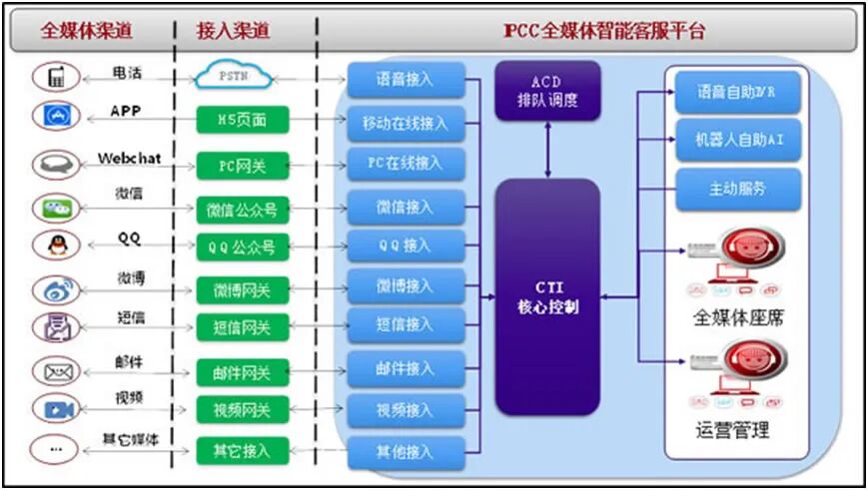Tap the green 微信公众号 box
pyautogui.click(x=242, y=209)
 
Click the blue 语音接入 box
pyautogui.click(x=406, y=77)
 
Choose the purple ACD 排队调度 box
pyautogui.click(x=547, y=91)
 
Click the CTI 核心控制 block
pyautogui.click(x=547, y=296)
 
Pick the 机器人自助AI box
pyautogui.click(x=738, y=140)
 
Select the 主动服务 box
pyautogui.click(x=738, y=189)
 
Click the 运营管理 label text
pyautogui.click(x=733, y=431)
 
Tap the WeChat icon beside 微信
pyautogui.click(x=54, y=208)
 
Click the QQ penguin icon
pyautogui.click(x=54, y=245)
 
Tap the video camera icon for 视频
pyautogui.click(x=54, y=408)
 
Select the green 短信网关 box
pyautogui.click(x=242, y=326)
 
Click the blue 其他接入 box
pyautogui.click(x=406, y=452)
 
